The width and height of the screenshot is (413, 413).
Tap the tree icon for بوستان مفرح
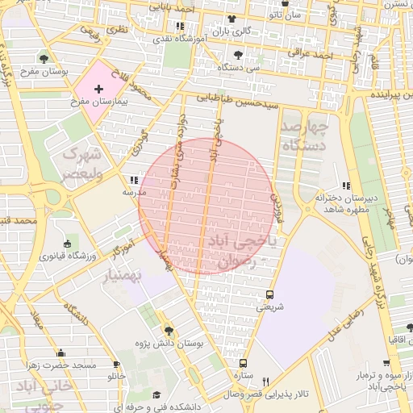click(43, 58)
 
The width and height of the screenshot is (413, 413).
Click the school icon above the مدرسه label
click(133, 181)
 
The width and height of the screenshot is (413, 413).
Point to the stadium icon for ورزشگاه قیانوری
click(67, 244)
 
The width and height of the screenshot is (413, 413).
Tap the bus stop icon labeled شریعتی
click(269, 294)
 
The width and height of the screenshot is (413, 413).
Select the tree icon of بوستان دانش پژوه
click(168, 331)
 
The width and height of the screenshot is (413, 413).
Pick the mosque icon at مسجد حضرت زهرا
click(60, 353)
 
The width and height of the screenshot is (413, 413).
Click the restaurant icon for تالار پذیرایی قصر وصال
click(265, 382)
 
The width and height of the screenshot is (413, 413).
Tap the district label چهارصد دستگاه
click(304, 136)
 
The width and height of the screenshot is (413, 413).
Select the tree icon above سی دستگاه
click(237, 55)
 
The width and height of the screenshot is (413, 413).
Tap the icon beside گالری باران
click(232, 19)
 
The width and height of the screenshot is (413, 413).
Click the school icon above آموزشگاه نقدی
click(179, 26)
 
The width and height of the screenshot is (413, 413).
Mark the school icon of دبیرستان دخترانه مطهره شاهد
click(346, 185)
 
